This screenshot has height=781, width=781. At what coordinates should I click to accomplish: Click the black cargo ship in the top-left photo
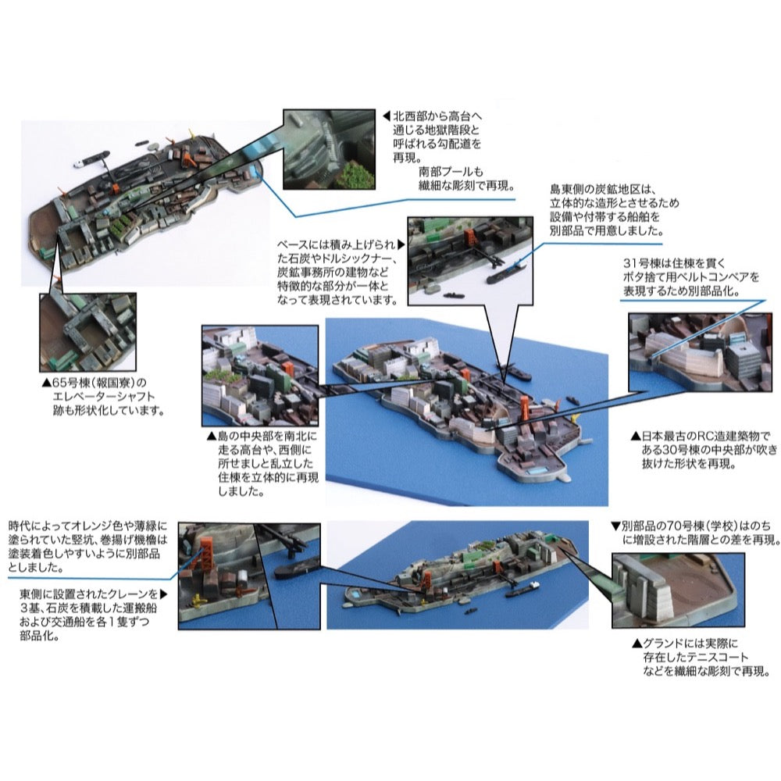pos(95,159)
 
